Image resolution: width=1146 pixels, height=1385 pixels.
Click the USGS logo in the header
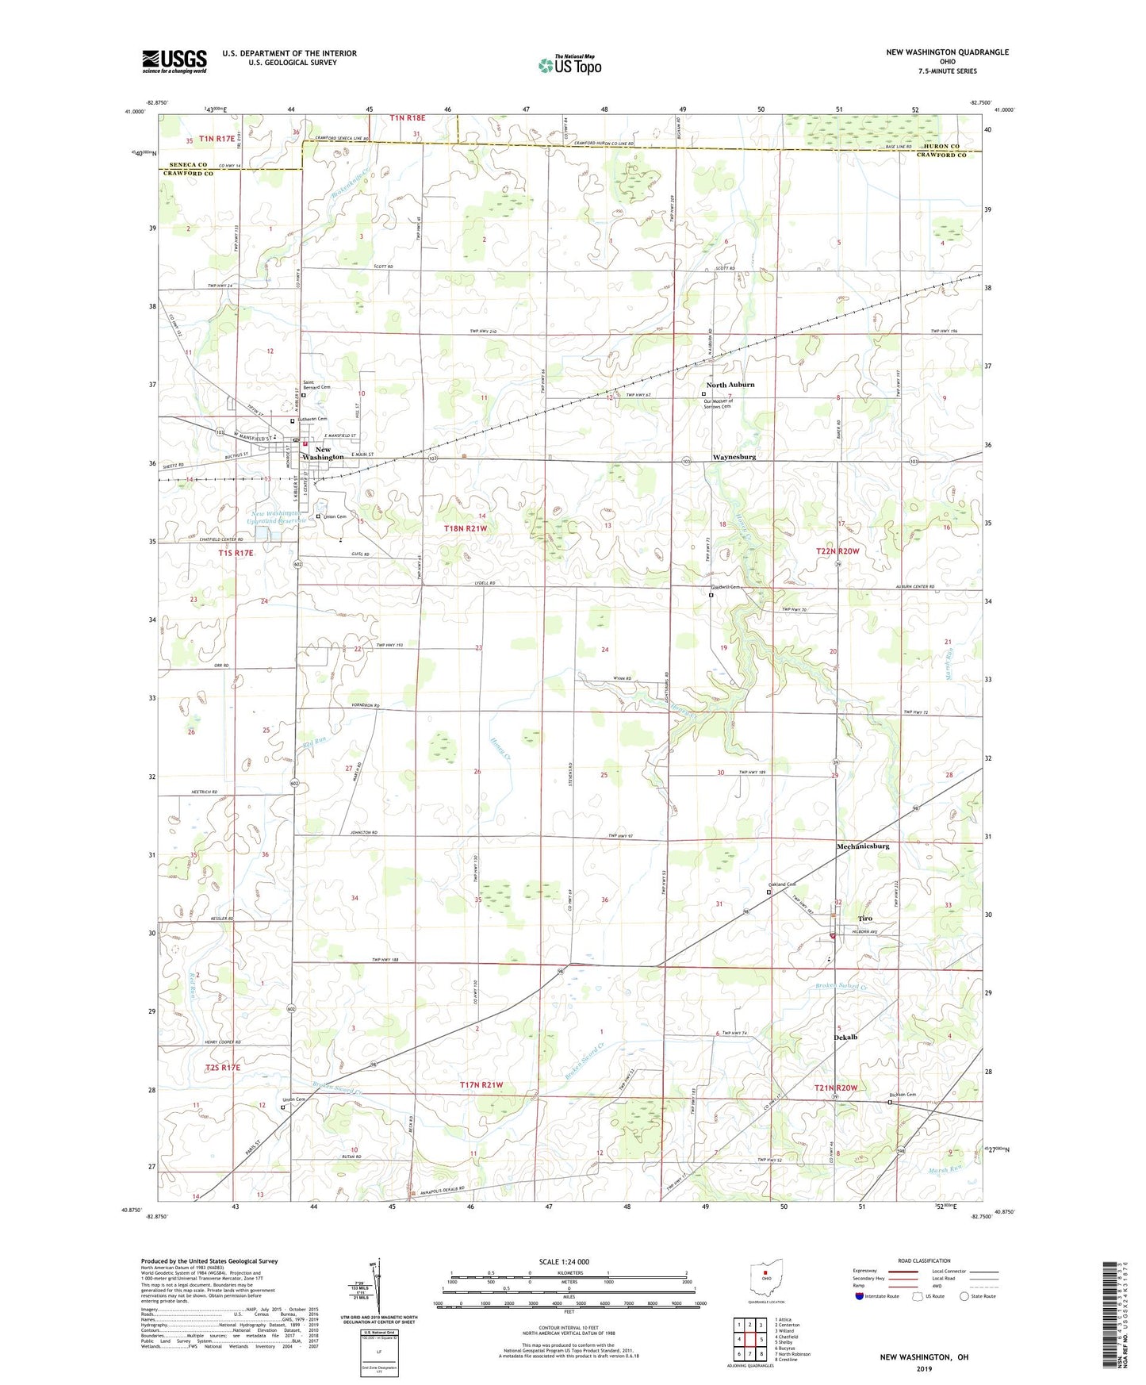(174, 60)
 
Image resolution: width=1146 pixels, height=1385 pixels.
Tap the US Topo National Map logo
(569, 65)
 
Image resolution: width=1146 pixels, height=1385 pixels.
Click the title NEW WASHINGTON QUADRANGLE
(947, 52)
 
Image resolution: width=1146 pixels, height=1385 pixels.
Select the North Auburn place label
(730, 385)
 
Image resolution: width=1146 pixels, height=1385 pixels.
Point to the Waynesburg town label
(734, 457)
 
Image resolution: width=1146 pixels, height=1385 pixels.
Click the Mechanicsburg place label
(862, 846)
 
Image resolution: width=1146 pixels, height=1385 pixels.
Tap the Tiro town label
(864, 919)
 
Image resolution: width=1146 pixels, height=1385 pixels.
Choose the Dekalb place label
(845, 1037)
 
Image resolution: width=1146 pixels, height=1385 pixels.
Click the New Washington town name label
(323, 453)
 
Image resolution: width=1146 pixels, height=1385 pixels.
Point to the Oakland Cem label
(782, 884)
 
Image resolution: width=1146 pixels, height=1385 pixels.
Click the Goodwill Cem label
(724, 588)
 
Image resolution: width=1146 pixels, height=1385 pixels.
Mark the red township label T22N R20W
(837, 551)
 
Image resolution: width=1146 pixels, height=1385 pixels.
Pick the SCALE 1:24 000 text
(564, 1261)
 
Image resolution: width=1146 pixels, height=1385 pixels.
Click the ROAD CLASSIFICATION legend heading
(923, 1260)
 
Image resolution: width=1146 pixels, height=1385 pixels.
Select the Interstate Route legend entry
(879, 1296)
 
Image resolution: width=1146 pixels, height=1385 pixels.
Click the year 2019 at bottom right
(924, 1368)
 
